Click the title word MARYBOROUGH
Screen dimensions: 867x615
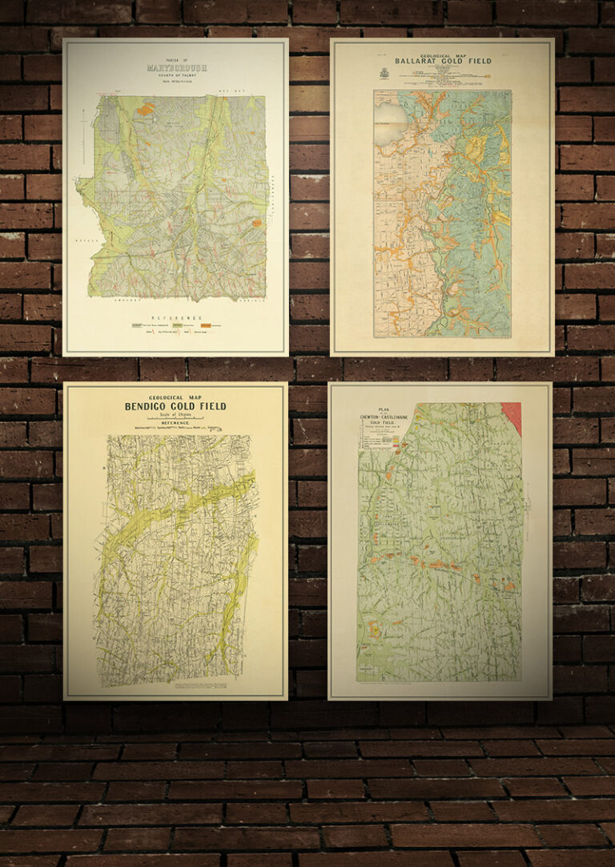175,68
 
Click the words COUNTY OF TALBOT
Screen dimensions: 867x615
175,76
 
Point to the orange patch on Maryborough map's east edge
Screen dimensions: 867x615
257,224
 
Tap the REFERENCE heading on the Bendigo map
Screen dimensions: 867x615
175,422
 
